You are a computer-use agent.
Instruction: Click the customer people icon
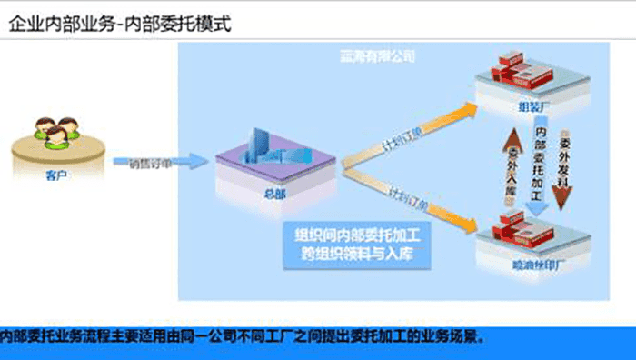pyautogui.click(x=55, y=133)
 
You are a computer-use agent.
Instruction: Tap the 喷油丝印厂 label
pyautogui.click(x=532, y=265)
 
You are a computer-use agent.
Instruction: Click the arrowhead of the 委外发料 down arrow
pyautogui.click(x=564, y=207)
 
